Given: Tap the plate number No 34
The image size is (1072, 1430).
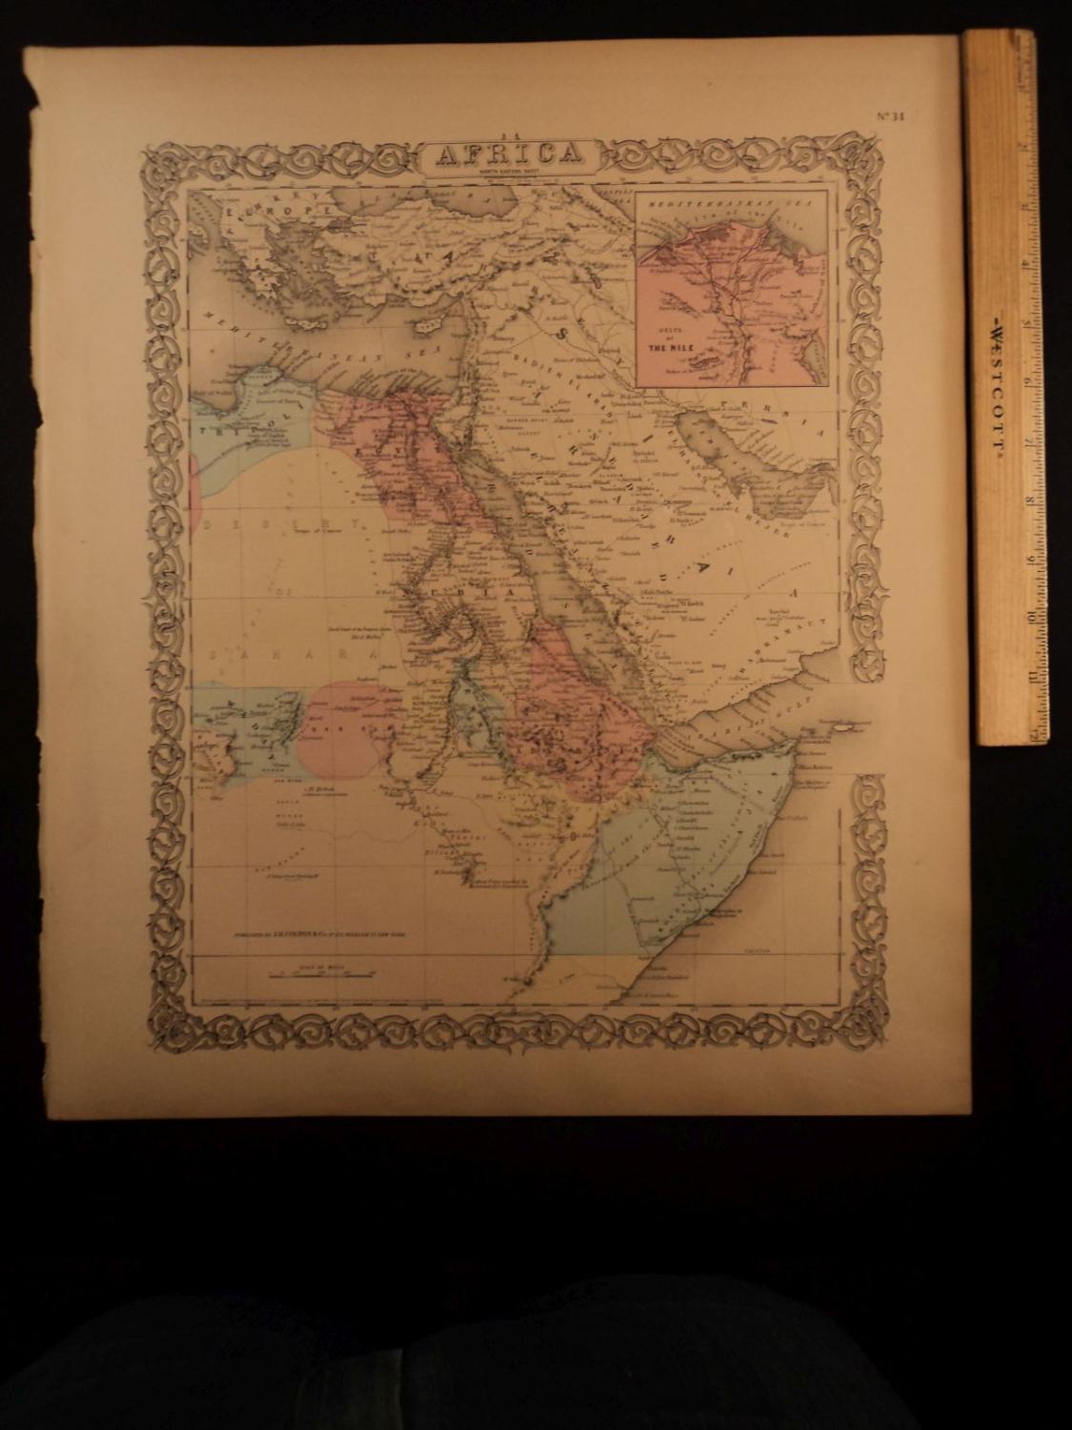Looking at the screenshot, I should (x=895, y=118).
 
